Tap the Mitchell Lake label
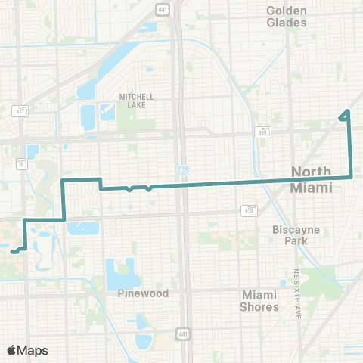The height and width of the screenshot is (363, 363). [136, 101]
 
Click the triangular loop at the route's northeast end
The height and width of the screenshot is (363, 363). [345, 116]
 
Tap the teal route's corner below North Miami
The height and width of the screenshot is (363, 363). [352, 177]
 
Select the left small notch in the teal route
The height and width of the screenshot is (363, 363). [130, 189]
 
